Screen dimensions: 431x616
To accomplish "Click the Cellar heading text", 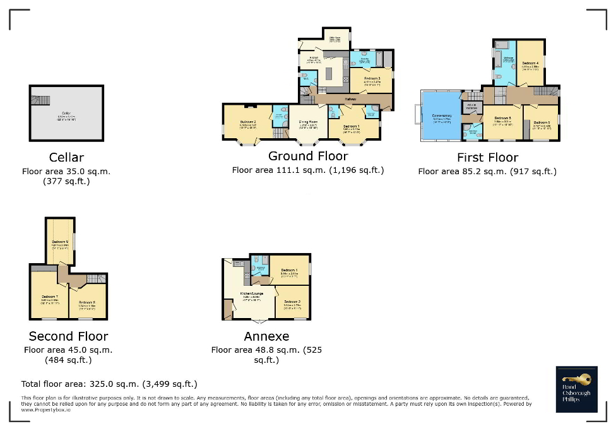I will (x=66, y=157).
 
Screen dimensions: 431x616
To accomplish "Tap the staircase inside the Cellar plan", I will (x=42, y=100).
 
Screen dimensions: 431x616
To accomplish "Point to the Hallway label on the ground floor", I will (x=351, y=99).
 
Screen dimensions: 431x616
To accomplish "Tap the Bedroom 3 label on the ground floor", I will (x=372, y=78).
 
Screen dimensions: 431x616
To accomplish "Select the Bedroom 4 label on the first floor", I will (x=530, y=63).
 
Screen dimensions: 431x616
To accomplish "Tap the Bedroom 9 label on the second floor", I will (x=60, y=242).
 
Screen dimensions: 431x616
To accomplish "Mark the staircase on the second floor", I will (x=95, y=279).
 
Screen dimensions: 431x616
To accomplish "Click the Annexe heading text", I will (x=266, y=336).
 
